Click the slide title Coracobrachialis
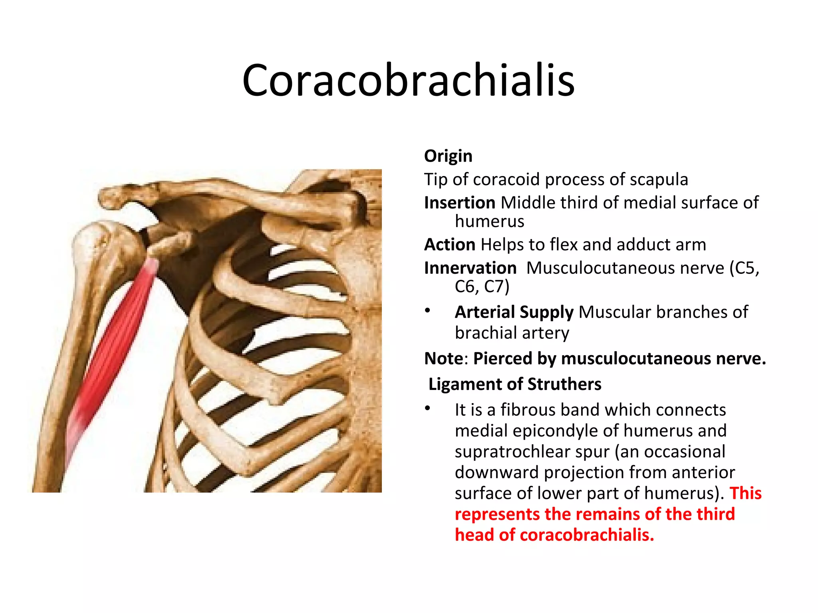[408, 81]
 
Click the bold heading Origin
[448, 156]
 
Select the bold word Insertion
[460, 203]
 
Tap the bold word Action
[450, 245]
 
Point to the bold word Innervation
[470, 268]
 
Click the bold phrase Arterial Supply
[514, 312]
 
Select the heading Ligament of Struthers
[515, 384]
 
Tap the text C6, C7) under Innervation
[482, 287]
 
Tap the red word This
[745, 494]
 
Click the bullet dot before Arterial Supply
[428, 310]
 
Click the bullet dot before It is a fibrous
[428, 408]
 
